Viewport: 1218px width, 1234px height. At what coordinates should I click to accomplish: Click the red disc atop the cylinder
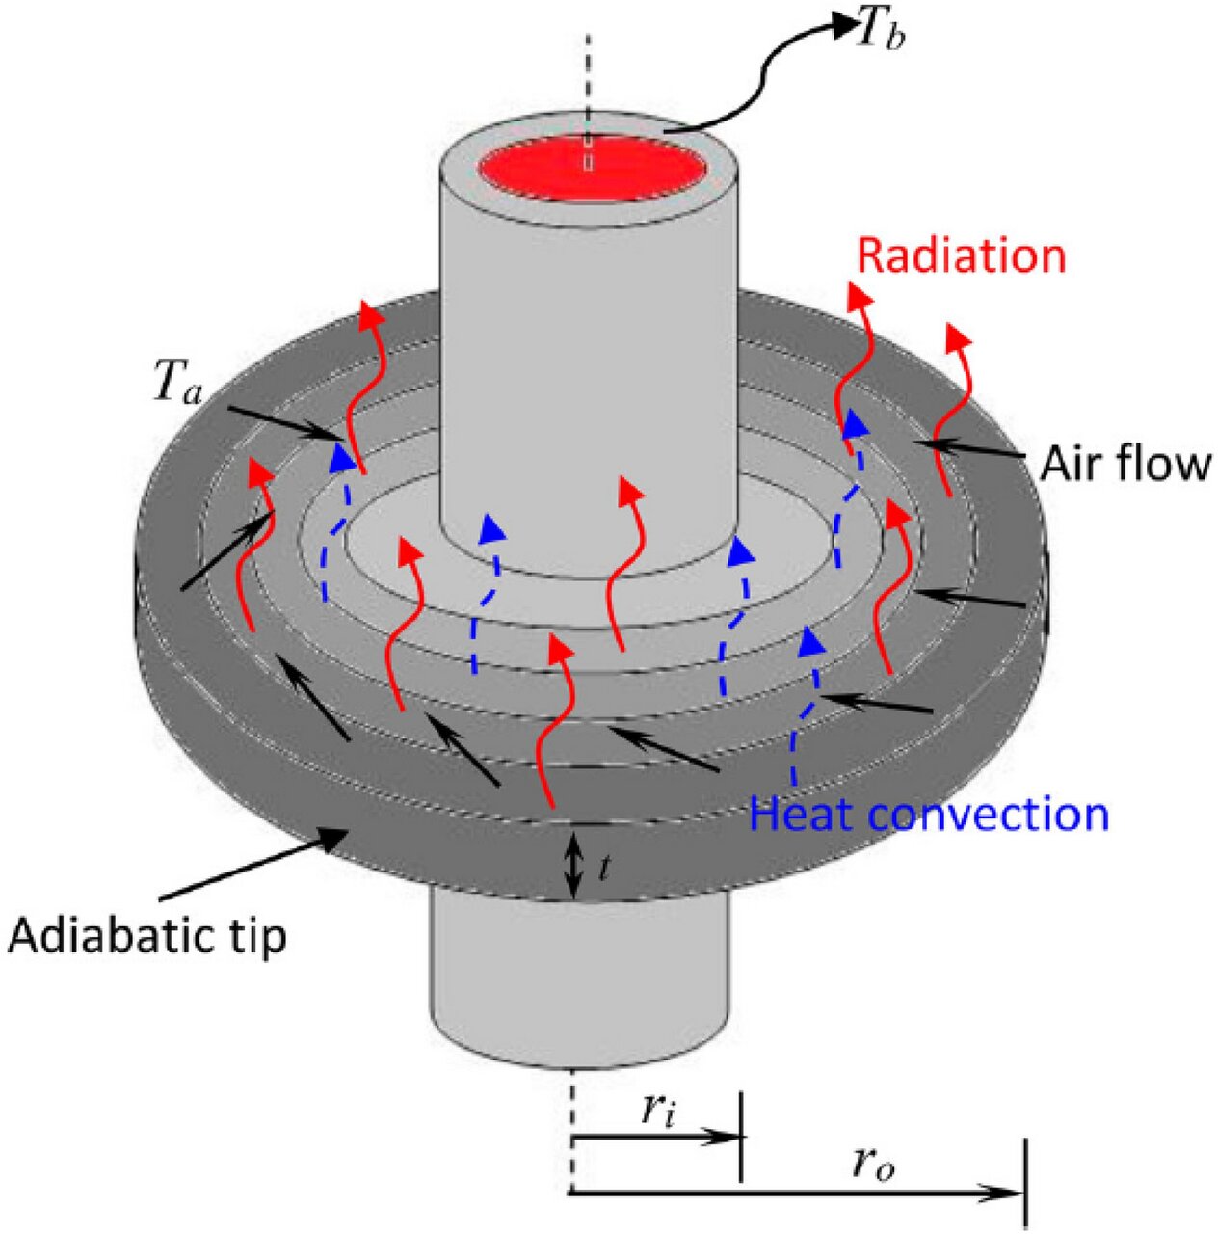click(590, 170)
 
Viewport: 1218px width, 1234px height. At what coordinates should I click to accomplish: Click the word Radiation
click(961, 256)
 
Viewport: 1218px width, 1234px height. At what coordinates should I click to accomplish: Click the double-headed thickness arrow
click(573, 863)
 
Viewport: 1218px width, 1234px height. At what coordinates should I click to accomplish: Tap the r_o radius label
click(873, 1165)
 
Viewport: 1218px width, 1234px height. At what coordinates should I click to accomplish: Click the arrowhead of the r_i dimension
click(728, 1139)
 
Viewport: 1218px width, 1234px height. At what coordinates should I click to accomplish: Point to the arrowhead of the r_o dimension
click(1012, 1194)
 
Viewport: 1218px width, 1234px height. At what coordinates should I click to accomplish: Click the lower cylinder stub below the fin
click(574, 983)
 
